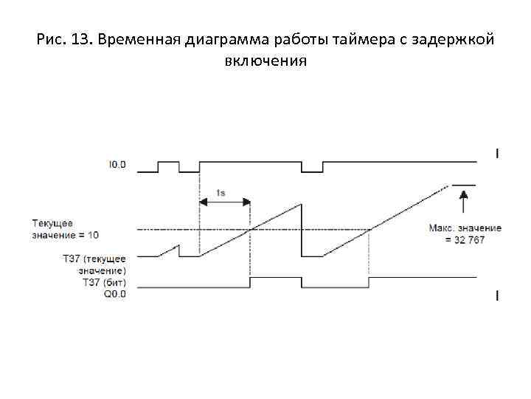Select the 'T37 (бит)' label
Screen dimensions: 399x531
click(106, 282)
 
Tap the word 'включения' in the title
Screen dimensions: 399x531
click(265, 61)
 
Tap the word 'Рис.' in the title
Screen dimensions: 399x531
click(49, 39)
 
